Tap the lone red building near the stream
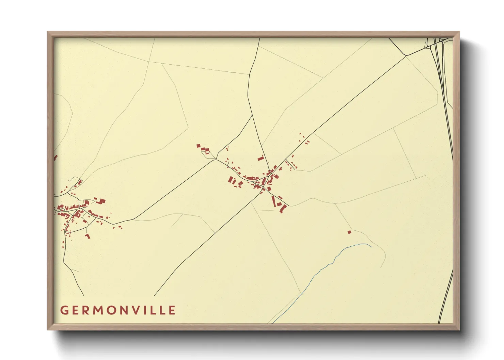[349, 232]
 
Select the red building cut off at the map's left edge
[55, 158]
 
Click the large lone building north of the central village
[262, 158]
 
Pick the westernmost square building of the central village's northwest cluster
[199, 146]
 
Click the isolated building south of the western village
[88, 236]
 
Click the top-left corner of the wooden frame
[48, 32]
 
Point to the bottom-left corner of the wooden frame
[48, 329]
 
